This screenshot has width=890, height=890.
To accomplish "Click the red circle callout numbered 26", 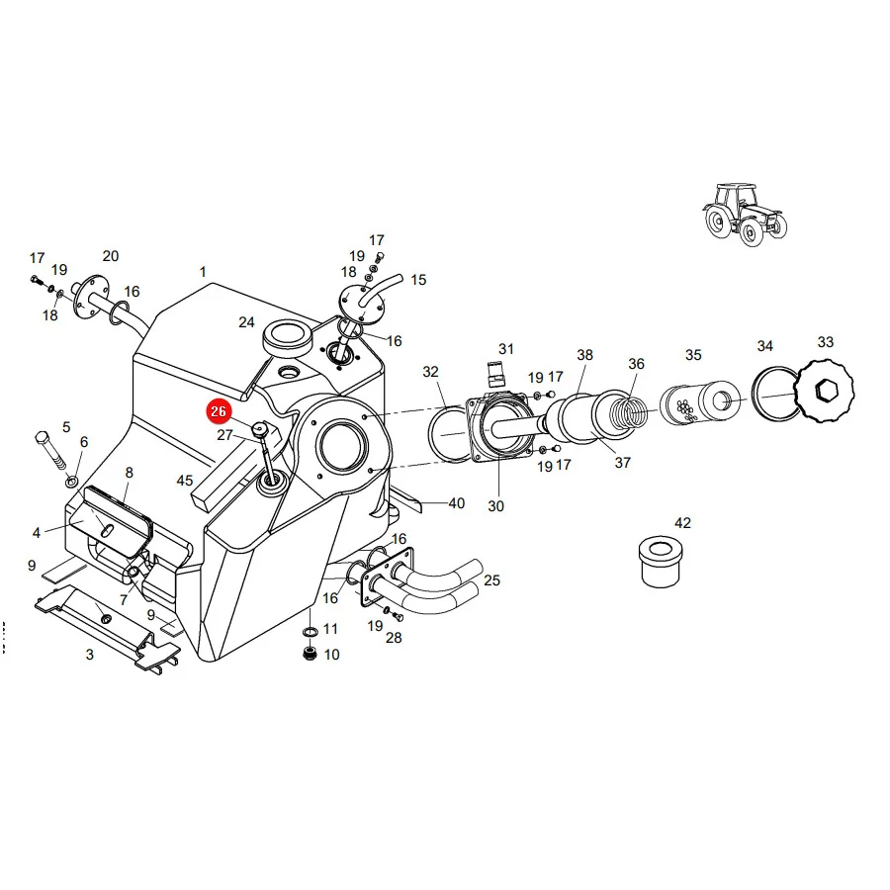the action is tap(219, 411).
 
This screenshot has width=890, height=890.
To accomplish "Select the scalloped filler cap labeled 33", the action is tap(824, 391).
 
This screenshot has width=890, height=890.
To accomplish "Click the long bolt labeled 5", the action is tap(50, 452).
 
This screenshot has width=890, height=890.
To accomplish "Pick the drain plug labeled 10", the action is tap(310, 654).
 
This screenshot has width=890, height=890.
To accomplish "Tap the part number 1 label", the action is tap(203, 272).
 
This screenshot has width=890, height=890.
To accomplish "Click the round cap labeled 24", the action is tap(288, 338).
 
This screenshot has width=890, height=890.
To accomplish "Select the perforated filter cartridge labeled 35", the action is tap(700, 403).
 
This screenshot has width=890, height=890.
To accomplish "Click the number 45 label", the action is tap(185, 481).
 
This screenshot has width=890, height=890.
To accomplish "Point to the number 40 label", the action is tap(457, 503).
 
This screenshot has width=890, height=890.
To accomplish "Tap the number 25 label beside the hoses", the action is tap(492, 580).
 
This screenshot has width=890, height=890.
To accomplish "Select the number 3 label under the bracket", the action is tap(90, 655).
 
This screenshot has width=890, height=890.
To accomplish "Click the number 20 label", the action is tap(111, 256).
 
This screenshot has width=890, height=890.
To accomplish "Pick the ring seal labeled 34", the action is tap(775, 394).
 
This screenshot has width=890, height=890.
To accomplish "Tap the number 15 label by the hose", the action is tap(418, 280).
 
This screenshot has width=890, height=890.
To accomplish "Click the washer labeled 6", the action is tap(72, 483).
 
